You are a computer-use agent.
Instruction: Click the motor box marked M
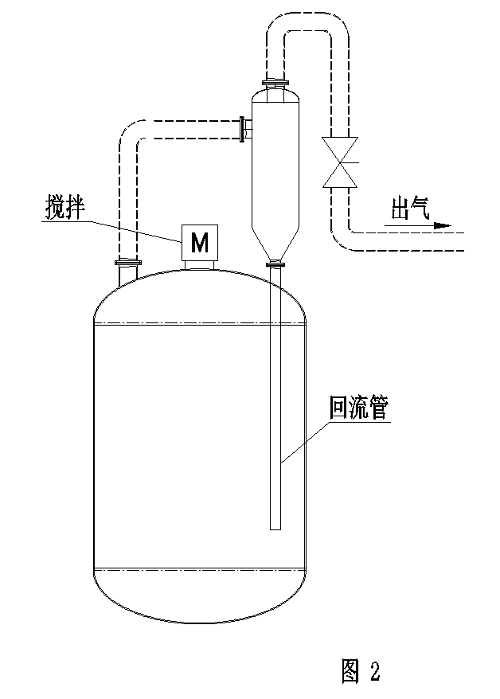(201, 241)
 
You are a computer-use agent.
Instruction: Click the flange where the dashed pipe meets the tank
(127, 264)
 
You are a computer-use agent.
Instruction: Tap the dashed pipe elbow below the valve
(342, 236)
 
